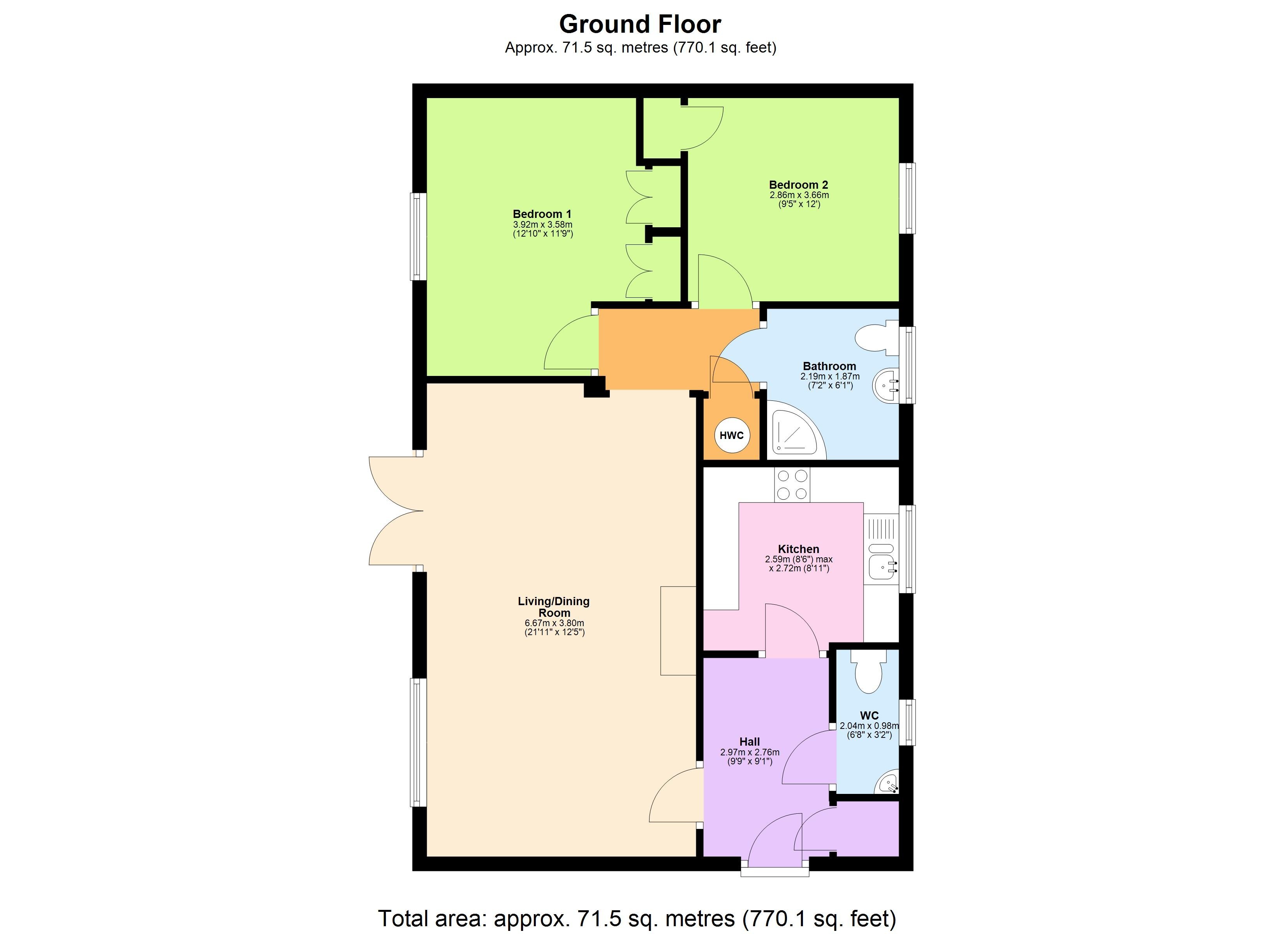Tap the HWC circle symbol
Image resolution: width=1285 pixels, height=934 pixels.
click(x=731, y=435)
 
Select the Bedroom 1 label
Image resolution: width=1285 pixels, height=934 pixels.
click(x=542, y=214)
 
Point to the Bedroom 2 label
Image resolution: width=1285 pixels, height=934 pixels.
click(x=798, y=184)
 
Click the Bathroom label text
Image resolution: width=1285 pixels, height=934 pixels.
click(x=829, y=366)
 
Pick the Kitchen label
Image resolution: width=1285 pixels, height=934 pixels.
click(x=798, y=549)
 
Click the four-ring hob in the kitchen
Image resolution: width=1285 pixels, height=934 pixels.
click(x=792, y=485)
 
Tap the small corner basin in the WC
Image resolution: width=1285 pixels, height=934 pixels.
click(x=887, y=785)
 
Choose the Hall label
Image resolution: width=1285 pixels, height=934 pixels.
click(x=750, y=741)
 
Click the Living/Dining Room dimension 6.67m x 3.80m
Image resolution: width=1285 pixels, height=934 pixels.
click(x=554, y=623)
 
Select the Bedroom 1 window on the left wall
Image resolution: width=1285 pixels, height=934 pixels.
click(x=418, y=236)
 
